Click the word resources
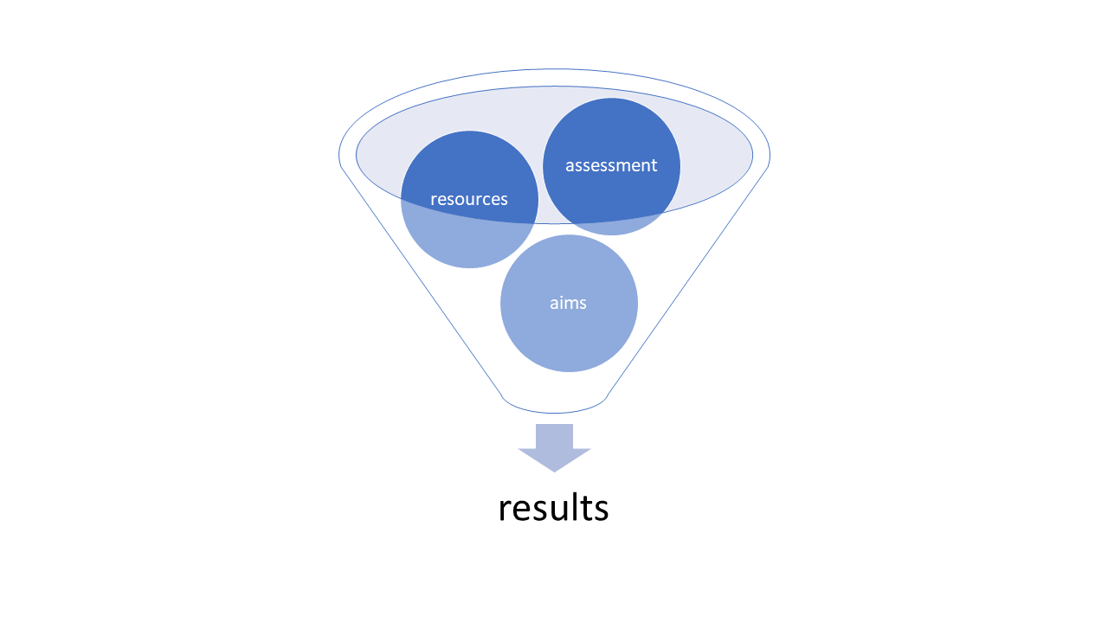(468, 199)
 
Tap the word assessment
(611, 165)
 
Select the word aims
(568, 303)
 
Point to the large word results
(553, 508)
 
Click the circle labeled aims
(569, 333)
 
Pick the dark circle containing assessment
(611, 138)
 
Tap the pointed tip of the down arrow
(554, 469)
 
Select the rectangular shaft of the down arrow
(554, 435)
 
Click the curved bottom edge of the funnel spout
(554, 412)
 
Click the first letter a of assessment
(570, 166)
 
